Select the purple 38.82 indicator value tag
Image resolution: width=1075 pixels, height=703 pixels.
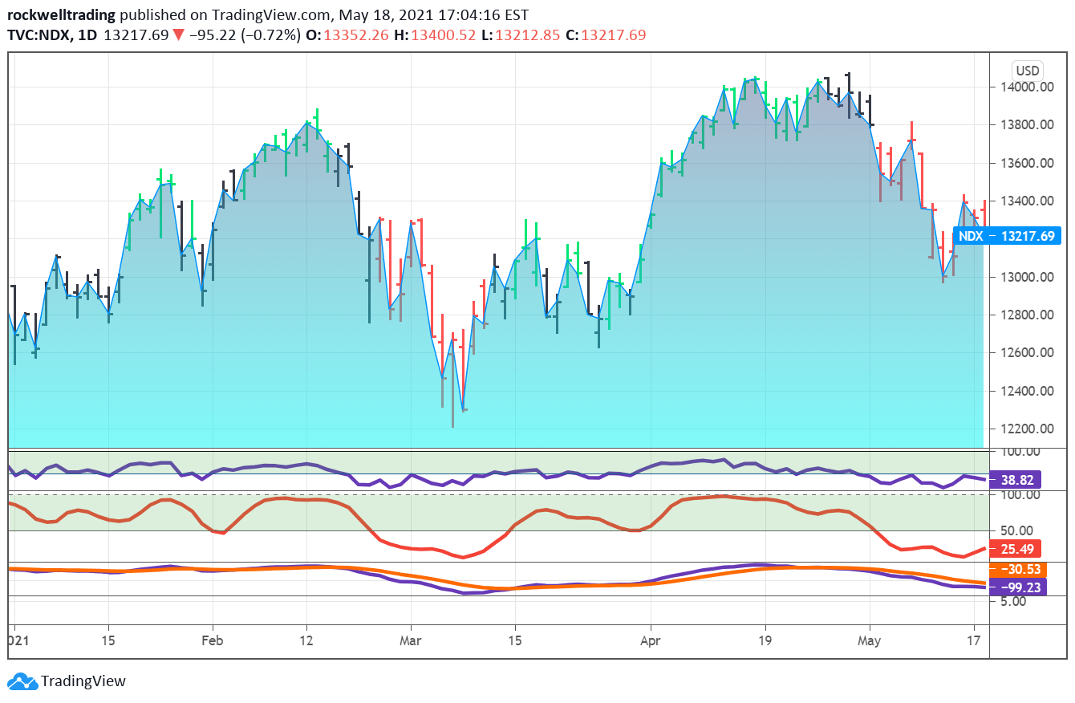tap(1016, 480)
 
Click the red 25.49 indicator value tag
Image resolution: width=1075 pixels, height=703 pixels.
tap(1016, 550)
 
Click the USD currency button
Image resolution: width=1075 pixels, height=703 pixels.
tap(1027, 70)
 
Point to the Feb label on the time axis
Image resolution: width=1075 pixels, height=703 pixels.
tap(212, 641)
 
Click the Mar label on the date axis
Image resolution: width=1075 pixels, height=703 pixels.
tap(410, 641)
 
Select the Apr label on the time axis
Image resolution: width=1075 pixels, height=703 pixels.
tap(651, 641)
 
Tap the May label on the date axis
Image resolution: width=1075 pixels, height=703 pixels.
tap(869, 641)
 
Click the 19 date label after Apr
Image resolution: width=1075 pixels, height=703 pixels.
tap(765, 641)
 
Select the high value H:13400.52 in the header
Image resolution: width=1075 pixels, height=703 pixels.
tap(439, 35)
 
